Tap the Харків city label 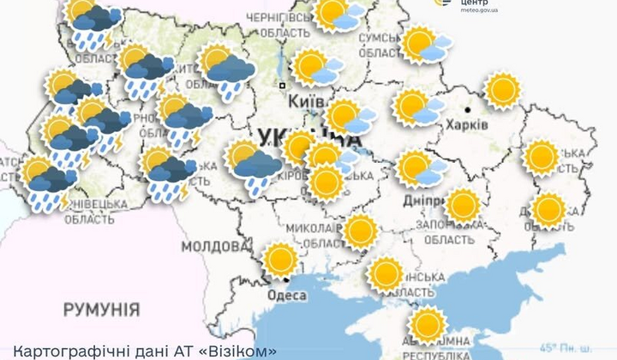click(x=467, y=125)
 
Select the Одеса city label click(x=290, y=296)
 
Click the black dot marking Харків click(x=468, y=110)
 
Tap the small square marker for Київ click(x=281, y=86)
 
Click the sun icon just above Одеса click(x=280, y=260)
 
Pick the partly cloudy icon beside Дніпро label click(x=420, y=168)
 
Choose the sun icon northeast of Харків click(x=503, y=89)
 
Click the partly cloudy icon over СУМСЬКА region click(x=425, y=45)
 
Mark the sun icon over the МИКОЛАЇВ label click(x=360, y=231)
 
